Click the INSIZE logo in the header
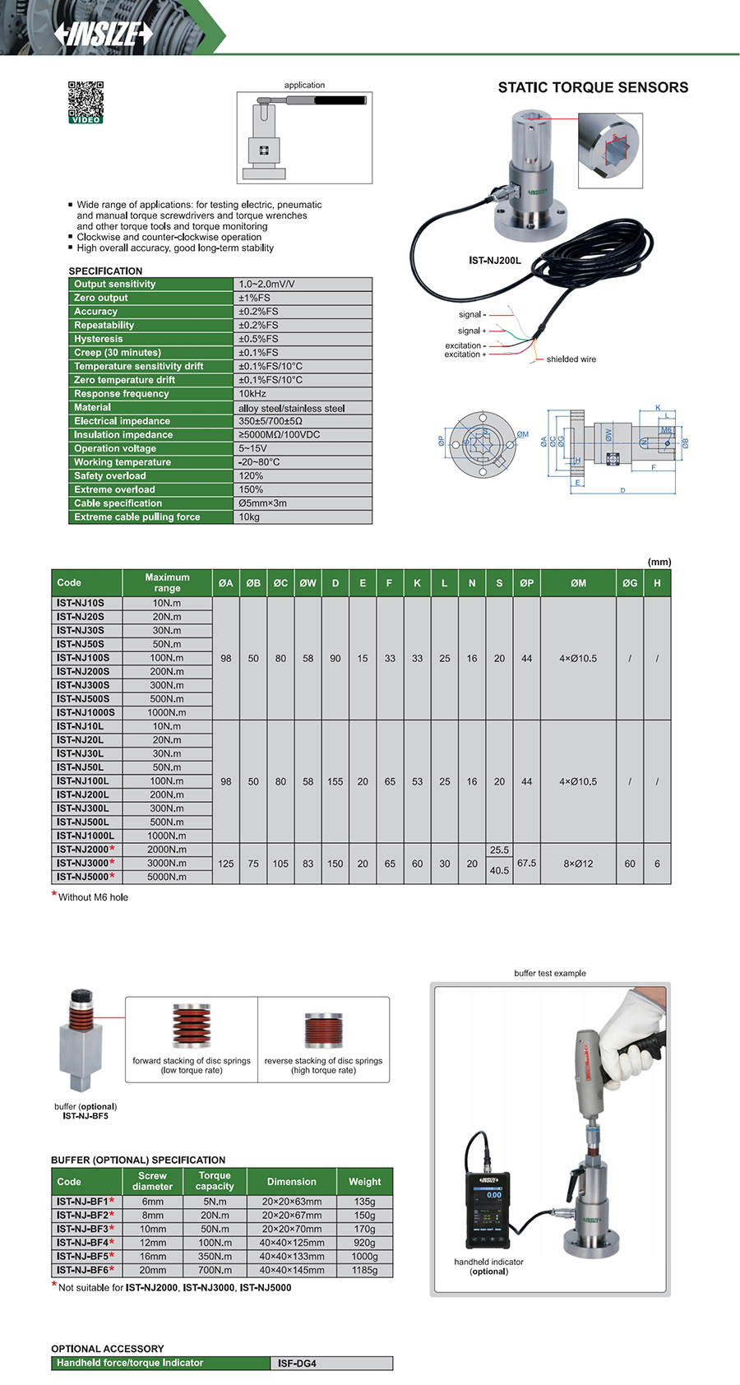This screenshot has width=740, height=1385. coord(104,34)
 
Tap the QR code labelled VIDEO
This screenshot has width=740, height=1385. coord(86,101)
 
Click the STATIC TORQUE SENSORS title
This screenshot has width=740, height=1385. coord(593,87)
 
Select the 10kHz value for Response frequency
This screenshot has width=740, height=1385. coord(252,394)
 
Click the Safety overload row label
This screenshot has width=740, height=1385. coord(110,476)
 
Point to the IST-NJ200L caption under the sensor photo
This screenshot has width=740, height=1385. coord(495,261)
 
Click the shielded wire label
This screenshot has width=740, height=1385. coord(571,359)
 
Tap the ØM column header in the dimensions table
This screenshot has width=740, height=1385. coord(578,583)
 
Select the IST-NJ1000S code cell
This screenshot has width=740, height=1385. coord(86,712)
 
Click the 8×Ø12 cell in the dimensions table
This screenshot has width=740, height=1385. coord(578,864)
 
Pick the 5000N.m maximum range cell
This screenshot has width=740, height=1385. coord(167,877)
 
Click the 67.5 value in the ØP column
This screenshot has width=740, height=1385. coord(526,864)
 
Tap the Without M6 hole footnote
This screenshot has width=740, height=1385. coord(93,897)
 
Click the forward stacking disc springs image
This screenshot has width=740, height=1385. coord(192,1026)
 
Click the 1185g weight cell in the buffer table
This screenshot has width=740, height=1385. coord(364,1270)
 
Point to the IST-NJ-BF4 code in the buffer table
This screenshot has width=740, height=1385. coord(82,1243)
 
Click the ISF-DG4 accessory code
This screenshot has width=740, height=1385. coord(297,1364)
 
